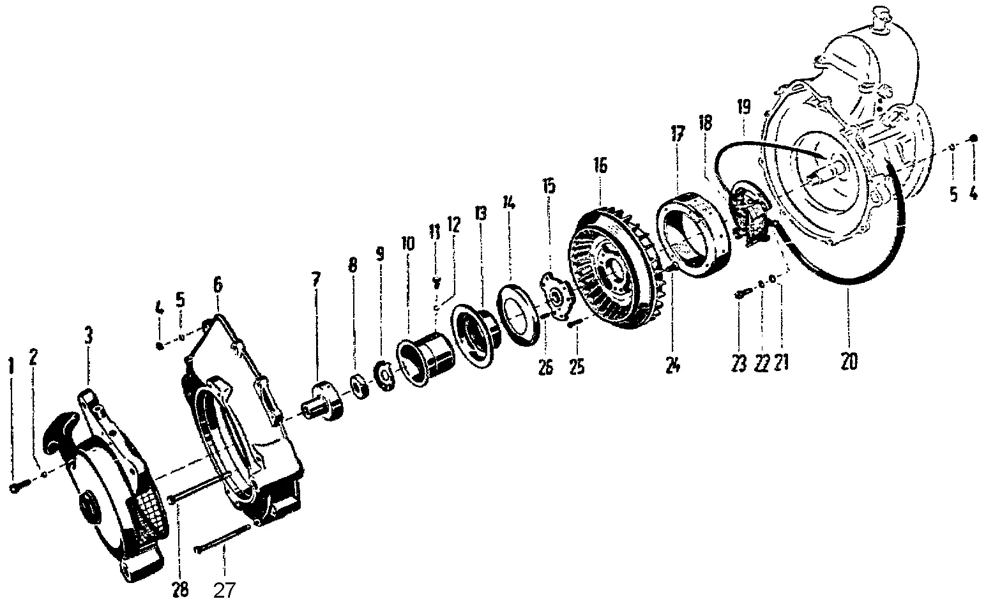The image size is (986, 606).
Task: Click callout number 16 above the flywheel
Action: [x=600, y=166]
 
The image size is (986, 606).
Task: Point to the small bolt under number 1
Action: [x=17, y=487]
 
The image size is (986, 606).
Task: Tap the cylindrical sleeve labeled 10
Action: [x=425, y=361]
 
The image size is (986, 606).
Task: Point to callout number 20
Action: [x=849, y=361]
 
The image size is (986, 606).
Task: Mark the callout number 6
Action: [x=218, y=285]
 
